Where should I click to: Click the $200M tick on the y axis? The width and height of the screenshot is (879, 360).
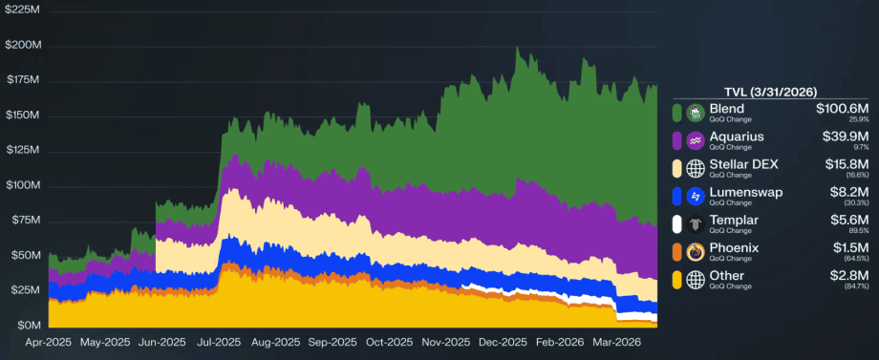pyautogui.click(x=22, y=45)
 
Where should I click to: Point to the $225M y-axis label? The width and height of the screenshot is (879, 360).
pyautogui.click(x=22, y=11)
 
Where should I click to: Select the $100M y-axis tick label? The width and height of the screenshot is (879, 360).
pyautogui.click(x=22, y=185)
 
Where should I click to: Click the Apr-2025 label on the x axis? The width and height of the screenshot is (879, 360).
pyautogui.click(x=49, y=342)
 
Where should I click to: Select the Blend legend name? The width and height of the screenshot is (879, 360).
pyautogui.click(x=727, y=109)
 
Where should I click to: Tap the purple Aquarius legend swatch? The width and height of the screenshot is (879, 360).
pyautogui.click(x=677, y=140)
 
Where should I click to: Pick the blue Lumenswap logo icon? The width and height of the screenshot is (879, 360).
pyautogui.click(x=697, y=197)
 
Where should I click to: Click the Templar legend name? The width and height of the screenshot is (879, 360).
pyautogui.click(x=734, y=220)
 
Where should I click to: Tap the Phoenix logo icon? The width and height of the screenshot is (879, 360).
pyautogui.click(x=697, y=252)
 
